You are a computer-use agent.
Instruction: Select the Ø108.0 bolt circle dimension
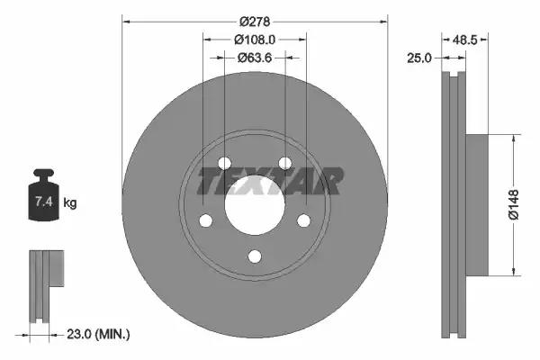tap(255, 40)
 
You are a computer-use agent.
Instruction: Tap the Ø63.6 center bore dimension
tap(255, 58)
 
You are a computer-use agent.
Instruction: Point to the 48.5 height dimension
tap(464, 40)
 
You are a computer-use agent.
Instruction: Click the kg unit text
tap(70, 203)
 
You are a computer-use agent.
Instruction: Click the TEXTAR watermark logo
tap(270, 180)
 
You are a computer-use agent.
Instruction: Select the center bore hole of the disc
tap(255, 203)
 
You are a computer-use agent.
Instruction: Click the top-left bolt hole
tap(225, 163)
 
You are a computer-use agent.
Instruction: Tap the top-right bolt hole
tap(284, 163)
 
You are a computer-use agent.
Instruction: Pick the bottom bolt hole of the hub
tap(255, 256)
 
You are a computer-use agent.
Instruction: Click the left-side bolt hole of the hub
tap(206, 220)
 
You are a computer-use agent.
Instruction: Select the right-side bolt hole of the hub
tap(303, 220)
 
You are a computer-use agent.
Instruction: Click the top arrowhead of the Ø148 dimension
tap(514, 140)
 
